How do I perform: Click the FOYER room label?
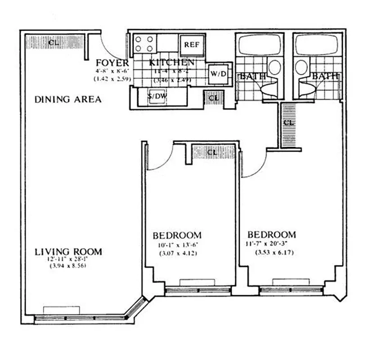(x=112, y=63)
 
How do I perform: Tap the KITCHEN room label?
(x=172, y=63)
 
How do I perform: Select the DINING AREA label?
(x=68, y=99)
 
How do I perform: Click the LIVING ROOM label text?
(x=68, y=252)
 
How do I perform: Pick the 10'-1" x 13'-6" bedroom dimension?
(x=177, y=245)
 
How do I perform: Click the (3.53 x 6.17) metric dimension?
(x=272, y=252)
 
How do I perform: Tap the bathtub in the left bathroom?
(x=259, y=45)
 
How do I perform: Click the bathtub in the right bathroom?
(x=317, y=45)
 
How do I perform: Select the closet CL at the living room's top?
(x=54, y=43)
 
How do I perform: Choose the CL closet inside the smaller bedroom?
(x=212, y=152)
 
